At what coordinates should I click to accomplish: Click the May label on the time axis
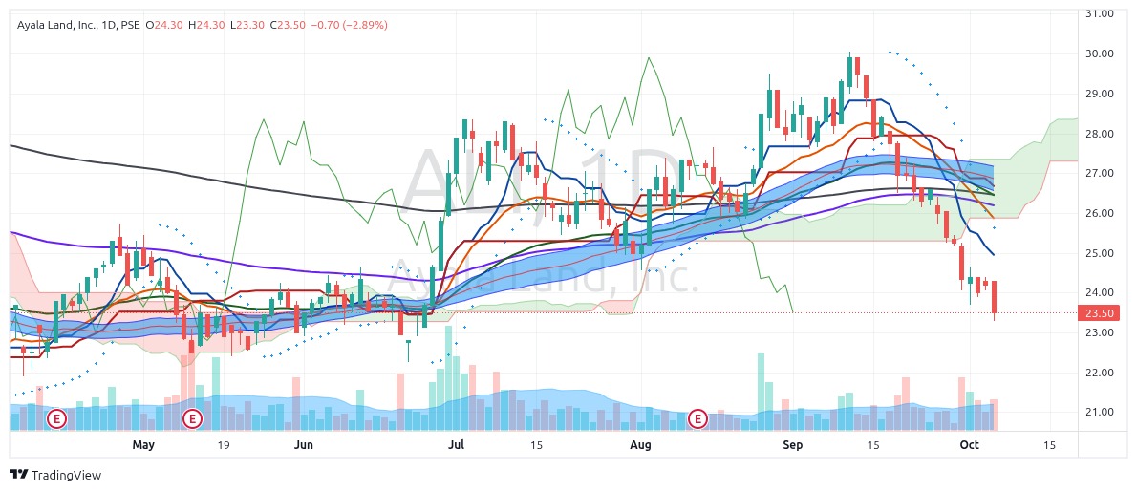tap(143, 445)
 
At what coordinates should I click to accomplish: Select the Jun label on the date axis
tap(303, 445)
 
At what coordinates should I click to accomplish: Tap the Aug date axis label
tap(640, 445)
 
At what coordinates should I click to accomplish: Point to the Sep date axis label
tap(792, 445)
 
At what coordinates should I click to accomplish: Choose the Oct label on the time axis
tap(970, 445)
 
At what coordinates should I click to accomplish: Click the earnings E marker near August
tap(698, 418)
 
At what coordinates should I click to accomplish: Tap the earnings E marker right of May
tap(193, 418)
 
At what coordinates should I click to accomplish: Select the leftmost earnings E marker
tap(57, 418)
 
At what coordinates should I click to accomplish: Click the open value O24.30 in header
tap(161, 25)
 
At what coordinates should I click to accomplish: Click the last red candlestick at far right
tap(995, 297)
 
